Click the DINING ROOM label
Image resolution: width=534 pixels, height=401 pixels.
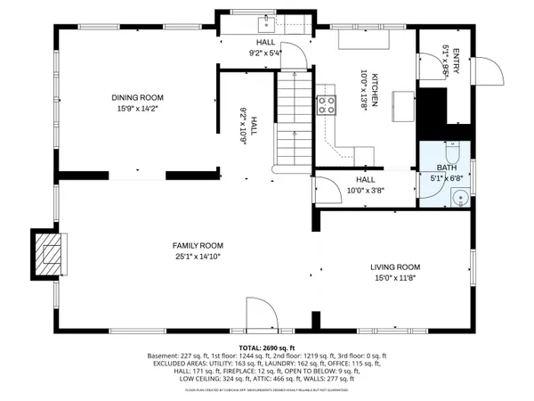(x=138, y=98)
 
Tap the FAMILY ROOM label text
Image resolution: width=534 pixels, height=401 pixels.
(x=198, y=245)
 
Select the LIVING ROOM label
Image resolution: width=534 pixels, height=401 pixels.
(x=395, y=266)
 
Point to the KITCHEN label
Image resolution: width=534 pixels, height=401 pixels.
(x=376, y=89)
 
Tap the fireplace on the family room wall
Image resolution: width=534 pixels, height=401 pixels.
(x=52, y=253)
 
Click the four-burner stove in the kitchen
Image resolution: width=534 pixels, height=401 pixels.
(x=327, y=102)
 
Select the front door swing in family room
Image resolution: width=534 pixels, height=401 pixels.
(x=260, y=314)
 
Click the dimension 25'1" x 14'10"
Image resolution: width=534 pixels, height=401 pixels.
(x=198, y=256)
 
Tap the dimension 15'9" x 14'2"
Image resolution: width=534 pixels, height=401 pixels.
(x=138, y=109)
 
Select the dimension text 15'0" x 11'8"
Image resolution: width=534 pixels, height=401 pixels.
(x=395, y=277)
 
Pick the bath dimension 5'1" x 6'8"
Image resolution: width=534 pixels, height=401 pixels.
(x=446, y=177)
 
